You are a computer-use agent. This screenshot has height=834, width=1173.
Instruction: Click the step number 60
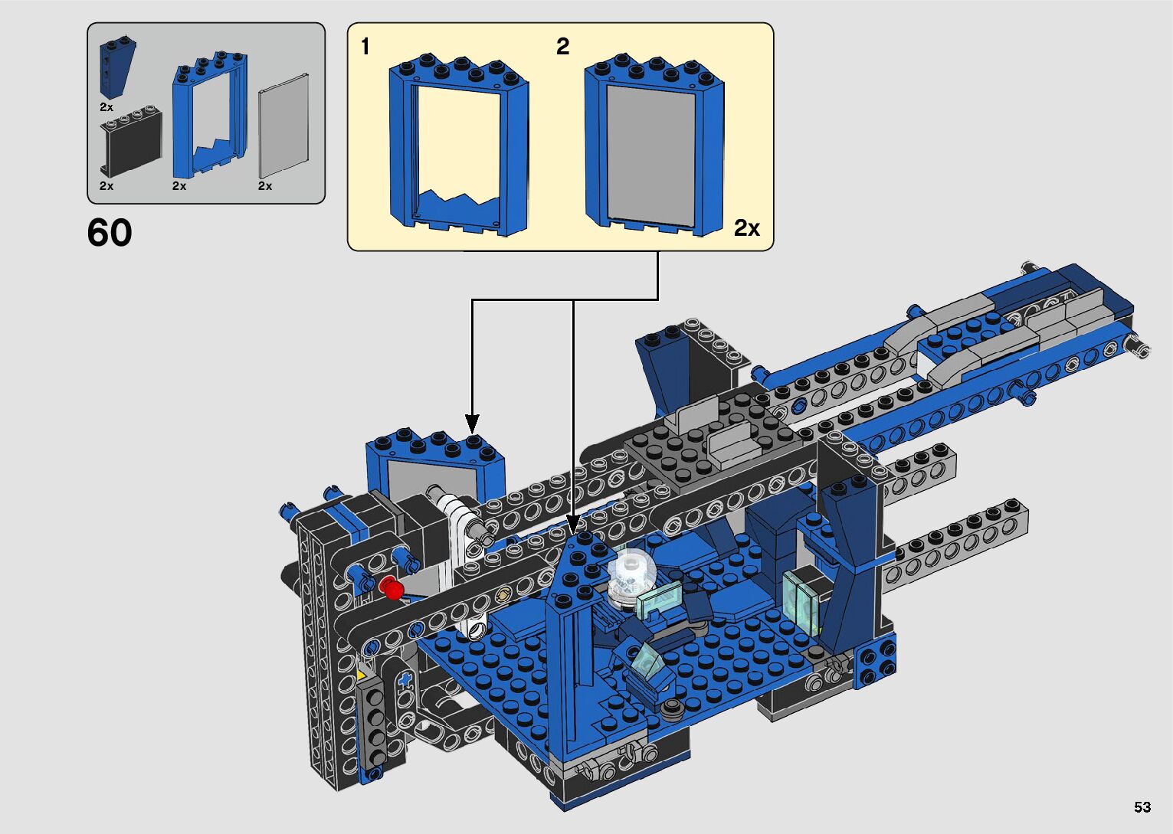tap(110, 233)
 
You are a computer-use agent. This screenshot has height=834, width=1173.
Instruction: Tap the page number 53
tap(1142, 806)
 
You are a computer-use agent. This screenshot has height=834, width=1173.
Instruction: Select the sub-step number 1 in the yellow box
tap(365, 47)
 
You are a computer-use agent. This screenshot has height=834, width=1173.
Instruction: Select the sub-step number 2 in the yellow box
tap(562, 47)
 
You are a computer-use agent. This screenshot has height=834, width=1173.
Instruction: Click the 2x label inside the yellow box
tap(747, 227)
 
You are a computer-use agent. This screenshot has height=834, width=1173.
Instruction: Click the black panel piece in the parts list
tap(130, 142)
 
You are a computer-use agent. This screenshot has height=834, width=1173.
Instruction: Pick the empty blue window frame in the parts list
tap(209, 115)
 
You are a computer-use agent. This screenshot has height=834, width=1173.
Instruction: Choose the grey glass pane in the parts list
tap(283, 126)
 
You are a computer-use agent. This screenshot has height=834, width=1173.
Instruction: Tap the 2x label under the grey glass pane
tap(265, 186)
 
